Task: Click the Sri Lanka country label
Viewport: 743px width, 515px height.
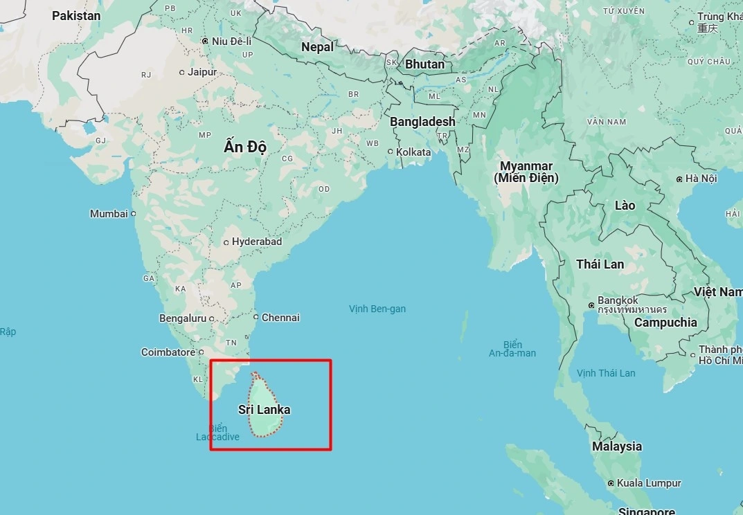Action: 264,410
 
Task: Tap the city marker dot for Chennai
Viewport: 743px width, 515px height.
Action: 256,317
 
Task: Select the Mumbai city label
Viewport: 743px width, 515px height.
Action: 109,214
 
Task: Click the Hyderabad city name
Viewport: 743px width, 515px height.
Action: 257,242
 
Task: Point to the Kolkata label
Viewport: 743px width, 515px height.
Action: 413,152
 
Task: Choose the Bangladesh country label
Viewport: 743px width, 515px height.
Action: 422,122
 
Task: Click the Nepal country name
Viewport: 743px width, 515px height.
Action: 317,47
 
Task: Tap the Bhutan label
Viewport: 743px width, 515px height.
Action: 424,64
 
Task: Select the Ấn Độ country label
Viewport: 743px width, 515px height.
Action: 245,147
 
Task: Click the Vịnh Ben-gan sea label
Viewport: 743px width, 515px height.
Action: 377,309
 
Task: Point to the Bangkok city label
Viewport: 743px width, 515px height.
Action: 618,300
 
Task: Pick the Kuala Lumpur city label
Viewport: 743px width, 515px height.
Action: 650,483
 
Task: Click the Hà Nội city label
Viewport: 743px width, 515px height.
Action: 701,179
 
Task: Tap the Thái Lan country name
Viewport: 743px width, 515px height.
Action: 600,264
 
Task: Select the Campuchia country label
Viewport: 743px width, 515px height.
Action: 665,323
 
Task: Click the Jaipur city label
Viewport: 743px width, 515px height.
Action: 202,72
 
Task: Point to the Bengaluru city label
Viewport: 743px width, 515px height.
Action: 183,318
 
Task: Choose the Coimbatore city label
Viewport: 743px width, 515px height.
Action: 168,352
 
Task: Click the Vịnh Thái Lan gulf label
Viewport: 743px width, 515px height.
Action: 606,373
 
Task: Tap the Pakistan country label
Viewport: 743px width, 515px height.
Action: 76,15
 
